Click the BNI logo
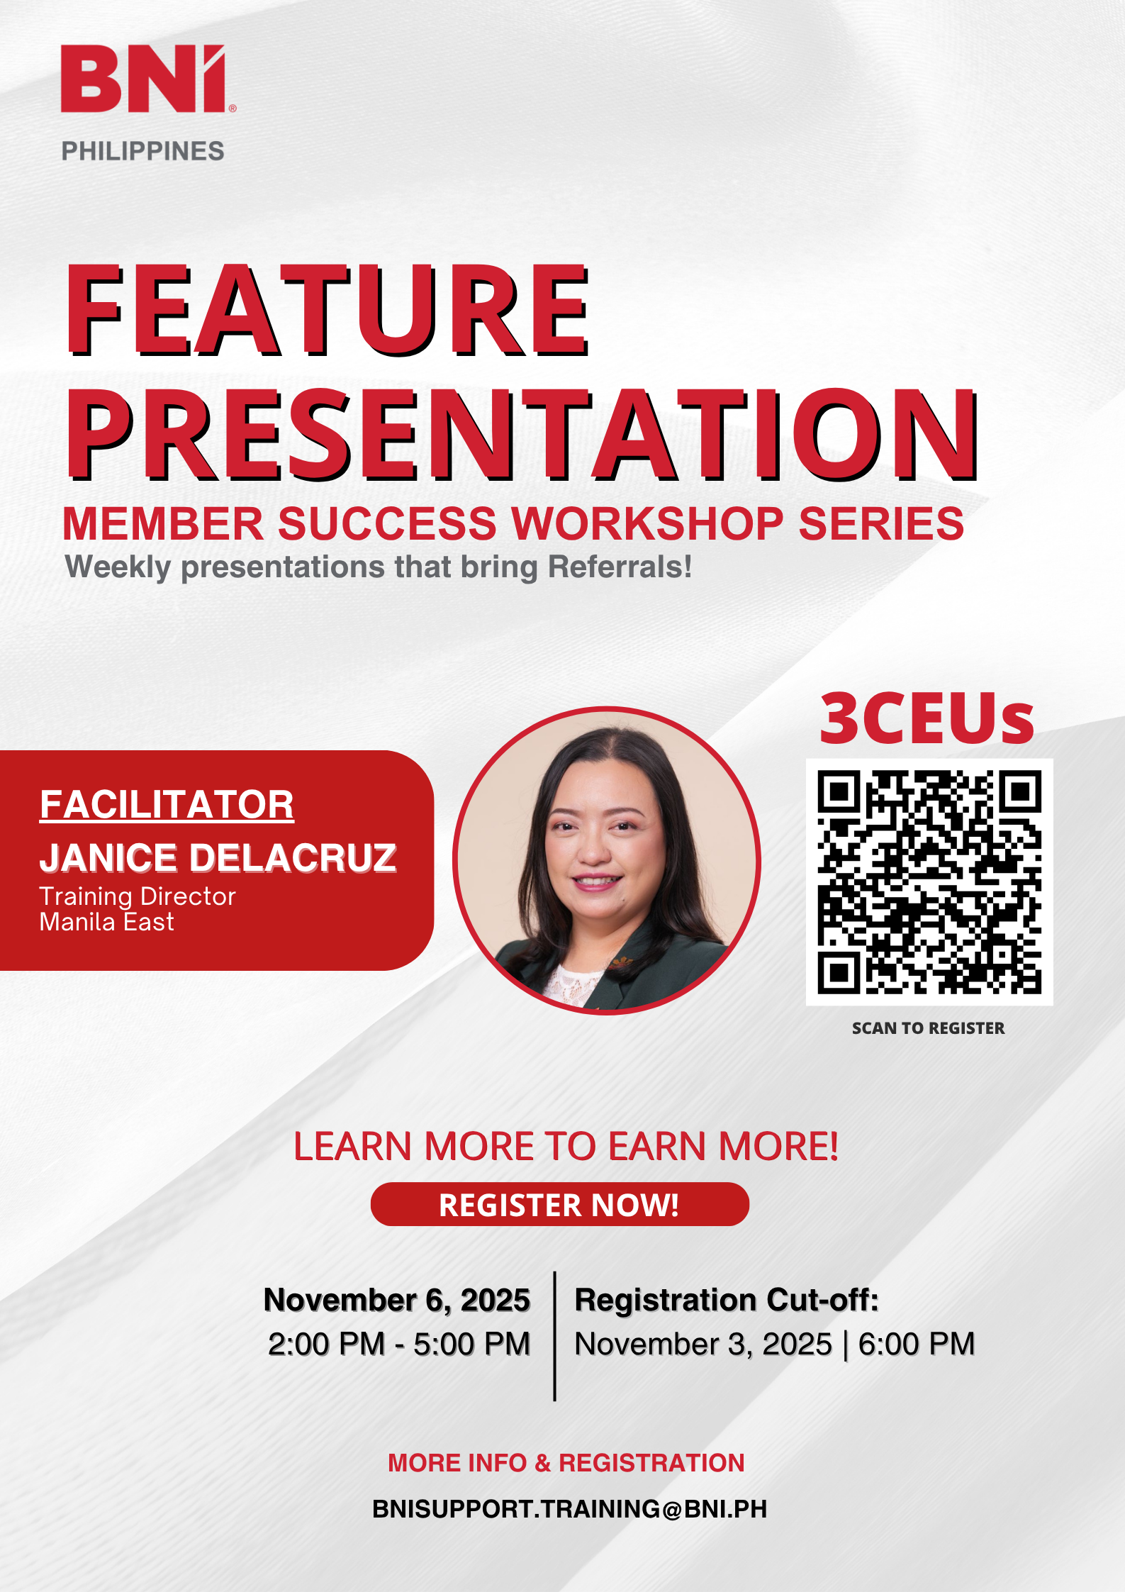[x=147, y=79]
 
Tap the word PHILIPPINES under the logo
[x=143, y=151]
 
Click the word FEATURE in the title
[x=328, y=310]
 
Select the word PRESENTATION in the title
[x=523, y=434]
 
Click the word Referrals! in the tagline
[x=620, y=567]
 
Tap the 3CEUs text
[x=927, y=718]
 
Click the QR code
[x=929, y=882]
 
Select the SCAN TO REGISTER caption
[x=928, y=1028]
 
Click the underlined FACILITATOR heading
[x=167, y=805]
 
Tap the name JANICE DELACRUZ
[x=218, y=857]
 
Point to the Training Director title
[x=138, y=896]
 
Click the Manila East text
[x=106, y=922]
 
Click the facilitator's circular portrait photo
[x=607, y=861]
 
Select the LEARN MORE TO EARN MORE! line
[x=566, y=1147]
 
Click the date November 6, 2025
[x=397, y=1300]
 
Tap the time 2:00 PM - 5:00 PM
[x=399, y=1344]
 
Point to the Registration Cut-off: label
[x=727, y=1300]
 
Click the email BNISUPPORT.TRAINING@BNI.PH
[x=569, y=1509]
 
